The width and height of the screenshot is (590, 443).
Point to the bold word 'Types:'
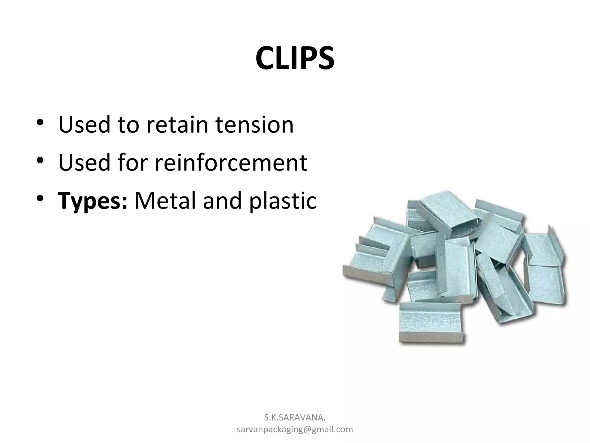92,201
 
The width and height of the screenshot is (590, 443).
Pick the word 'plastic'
283,201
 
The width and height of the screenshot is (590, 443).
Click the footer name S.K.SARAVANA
295,417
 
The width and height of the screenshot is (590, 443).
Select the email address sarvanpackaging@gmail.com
295,429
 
